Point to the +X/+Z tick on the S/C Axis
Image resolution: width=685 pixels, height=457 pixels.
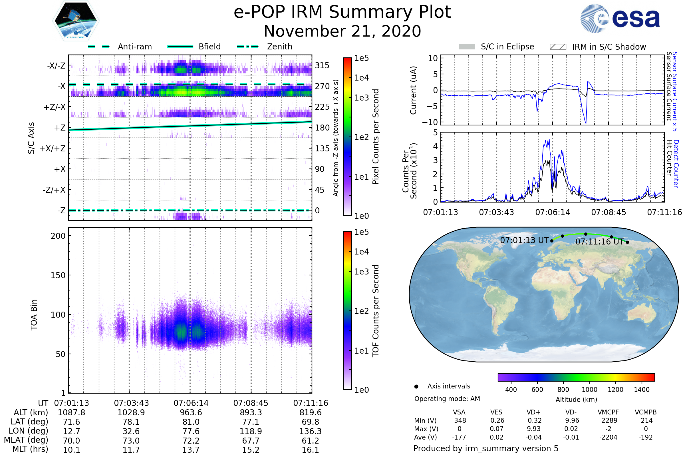tap(53, 149)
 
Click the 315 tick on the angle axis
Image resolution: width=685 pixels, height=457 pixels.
tap(322, 65)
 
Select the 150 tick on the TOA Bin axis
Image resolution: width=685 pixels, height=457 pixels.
tap(58, 275)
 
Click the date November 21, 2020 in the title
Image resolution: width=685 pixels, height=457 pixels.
tap(342, 31)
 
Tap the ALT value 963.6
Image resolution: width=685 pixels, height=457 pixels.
tap(191, 413)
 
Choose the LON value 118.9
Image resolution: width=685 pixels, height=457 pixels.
tap(251, 431)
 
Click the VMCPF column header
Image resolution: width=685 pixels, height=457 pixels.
tap(608, 412)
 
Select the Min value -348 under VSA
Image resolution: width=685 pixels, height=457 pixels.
tap(459, 420)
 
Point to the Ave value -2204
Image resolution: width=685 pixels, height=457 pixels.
tap(608, 438)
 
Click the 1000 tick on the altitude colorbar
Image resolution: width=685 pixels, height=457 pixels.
tap(589, 390)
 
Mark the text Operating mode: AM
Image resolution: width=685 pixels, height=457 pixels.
tap(447, 399)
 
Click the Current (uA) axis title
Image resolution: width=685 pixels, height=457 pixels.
tap(413, 90)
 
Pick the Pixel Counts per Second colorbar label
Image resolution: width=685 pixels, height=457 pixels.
tap(376, 137)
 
